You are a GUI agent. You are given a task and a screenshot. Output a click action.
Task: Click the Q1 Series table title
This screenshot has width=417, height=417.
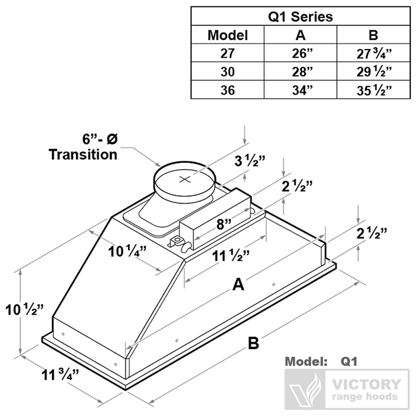click(301, 16)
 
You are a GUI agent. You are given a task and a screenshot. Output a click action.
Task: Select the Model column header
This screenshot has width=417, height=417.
click(228, 35)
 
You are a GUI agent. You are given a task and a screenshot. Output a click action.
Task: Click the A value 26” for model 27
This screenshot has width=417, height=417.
click(301, 53)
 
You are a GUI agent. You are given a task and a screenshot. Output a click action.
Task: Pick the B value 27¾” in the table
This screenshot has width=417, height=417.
click(374, 53)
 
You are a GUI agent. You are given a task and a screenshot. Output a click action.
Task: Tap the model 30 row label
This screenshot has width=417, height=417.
click(228, 72)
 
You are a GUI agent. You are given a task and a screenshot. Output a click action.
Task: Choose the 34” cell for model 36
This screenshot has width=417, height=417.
click(301, 90)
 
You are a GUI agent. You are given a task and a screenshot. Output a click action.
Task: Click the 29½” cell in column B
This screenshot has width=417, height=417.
click(374, 72)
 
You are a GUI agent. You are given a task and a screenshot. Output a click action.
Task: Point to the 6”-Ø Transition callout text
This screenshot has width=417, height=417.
click(83, 147)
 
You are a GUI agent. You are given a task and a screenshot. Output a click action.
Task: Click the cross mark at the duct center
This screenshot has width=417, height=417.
click(185, 179)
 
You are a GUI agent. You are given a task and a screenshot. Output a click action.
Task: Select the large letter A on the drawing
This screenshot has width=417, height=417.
click(238, 285)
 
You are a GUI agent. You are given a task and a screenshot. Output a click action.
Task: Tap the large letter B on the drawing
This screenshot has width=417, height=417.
click(253, 344)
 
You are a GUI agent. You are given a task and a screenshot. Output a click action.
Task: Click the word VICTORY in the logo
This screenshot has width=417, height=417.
click(367, 385)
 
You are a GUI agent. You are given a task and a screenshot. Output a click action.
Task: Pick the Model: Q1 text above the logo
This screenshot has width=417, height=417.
click(321, 361)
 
